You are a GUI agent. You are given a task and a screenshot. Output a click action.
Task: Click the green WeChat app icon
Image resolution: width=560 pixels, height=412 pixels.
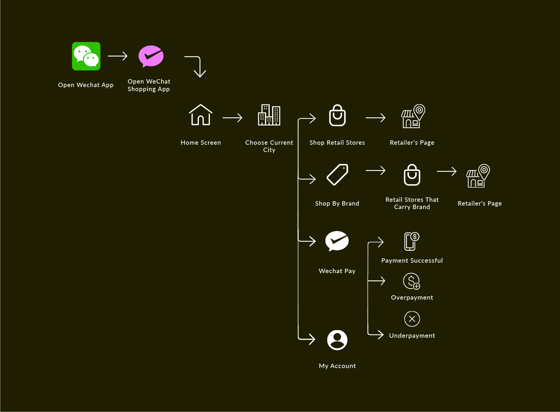click(x=86, y=56)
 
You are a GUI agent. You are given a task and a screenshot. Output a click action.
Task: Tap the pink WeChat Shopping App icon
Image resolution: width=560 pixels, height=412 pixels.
click(x=151, y=56)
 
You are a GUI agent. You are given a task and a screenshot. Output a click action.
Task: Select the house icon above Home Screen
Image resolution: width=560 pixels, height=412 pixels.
click(x=201, y=115)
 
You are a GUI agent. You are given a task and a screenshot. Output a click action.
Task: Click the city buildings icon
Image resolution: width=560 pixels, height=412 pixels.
click(x=269, y=115)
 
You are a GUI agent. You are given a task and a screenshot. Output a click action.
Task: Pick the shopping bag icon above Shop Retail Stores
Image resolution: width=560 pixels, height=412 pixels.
click(x=337, y=116)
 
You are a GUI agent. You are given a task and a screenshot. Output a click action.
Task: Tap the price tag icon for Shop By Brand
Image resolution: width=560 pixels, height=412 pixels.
click(x=337, y=175)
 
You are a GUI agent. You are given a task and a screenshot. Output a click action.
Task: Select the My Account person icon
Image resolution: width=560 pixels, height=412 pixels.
click(x=337, y=340)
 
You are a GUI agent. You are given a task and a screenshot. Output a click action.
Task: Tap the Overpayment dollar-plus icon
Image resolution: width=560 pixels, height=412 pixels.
click(x=411, y=281)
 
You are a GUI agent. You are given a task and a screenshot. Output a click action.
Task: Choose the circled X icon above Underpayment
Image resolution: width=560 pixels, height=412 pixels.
click(x=412, y=319)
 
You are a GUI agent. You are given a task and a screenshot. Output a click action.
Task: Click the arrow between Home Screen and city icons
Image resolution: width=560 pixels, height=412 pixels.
click(x=232, y=118)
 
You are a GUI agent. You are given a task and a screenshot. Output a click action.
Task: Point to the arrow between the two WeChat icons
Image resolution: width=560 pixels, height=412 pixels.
click(x=117, y=56)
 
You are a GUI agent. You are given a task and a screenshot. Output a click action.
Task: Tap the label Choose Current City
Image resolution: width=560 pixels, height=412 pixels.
click(x=269, y=146)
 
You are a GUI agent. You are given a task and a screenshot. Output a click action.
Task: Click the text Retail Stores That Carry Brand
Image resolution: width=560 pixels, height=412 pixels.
click(x=412, y=203)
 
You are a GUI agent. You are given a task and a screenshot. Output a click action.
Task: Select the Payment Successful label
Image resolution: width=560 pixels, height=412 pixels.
click(x=412, y=261)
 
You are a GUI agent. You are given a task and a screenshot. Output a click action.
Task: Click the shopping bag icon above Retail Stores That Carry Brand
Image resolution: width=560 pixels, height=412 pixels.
click(x=412, y=175)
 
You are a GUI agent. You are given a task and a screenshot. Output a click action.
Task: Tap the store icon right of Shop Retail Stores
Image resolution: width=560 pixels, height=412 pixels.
click(x=413, y=116)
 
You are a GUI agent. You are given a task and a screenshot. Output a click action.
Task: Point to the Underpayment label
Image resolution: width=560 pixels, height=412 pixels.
click(x=412, y=336)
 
